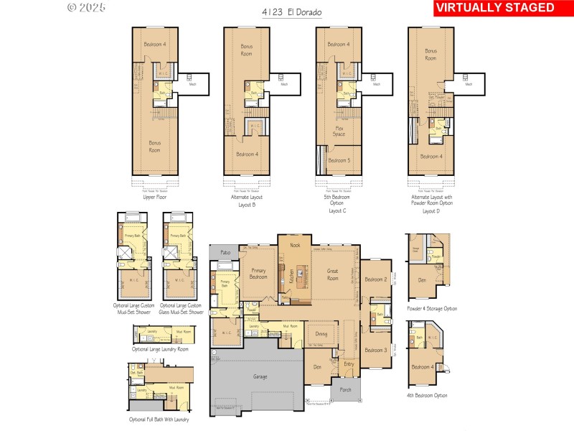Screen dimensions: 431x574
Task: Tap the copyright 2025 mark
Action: tap(86, 8)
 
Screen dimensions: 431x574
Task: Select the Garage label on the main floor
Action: tap(260, 376)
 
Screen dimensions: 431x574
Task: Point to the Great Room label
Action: tap(333, 274)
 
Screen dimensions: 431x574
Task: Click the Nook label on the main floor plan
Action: tap(295, 245)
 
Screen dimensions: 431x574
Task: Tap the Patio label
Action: tap(225, 253)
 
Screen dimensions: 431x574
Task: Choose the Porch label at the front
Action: tap(335, 390)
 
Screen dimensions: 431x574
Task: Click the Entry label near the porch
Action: tap(349, 364)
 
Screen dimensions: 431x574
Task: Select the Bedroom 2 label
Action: tap(375, 279)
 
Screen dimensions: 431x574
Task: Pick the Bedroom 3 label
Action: tap(375, 350)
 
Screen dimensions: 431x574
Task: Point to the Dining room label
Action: tap(321, 333)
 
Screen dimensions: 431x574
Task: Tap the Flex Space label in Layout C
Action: tap(339, 131)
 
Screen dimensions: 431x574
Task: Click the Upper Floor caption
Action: tap(154, 195)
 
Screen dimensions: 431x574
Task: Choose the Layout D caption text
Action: tap(430, 211)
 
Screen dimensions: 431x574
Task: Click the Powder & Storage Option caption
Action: tap(430, 308)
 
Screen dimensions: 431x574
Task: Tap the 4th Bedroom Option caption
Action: tap(426, 395)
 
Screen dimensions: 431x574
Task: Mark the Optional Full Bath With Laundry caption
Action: tap(159, 420)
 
